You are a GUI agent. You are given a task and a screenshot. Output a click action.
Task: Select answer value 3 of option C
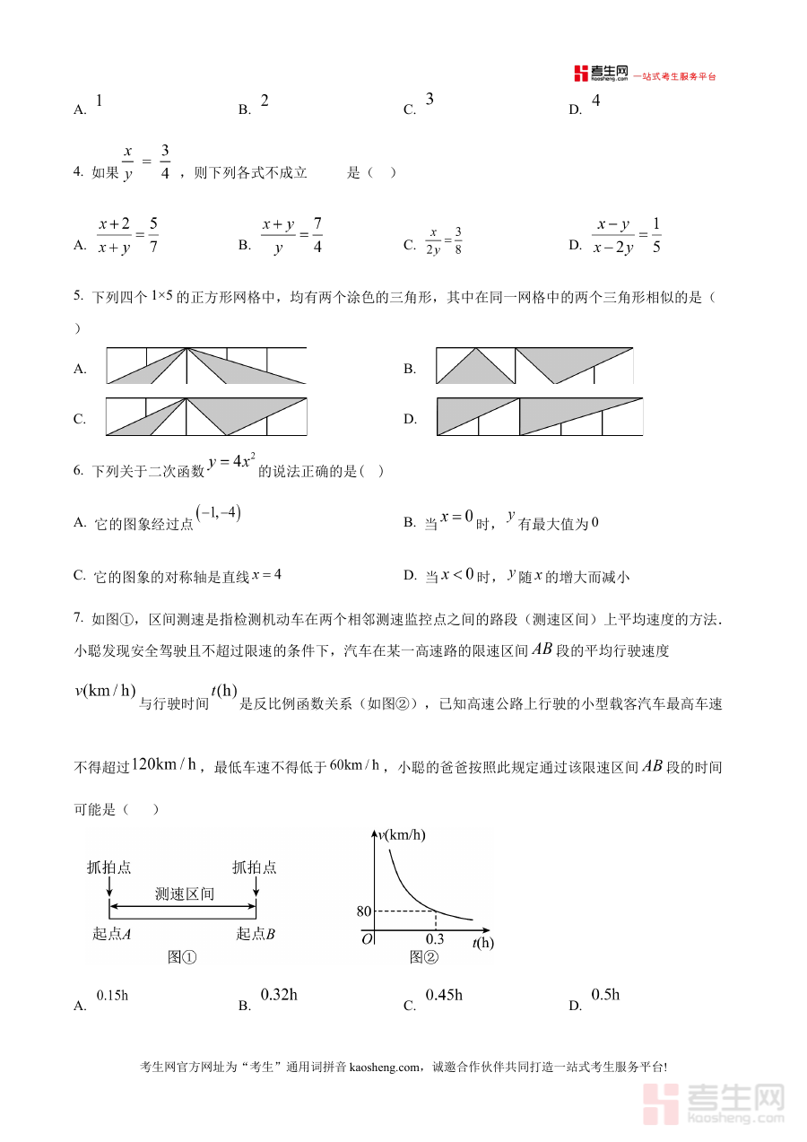(x=430, y=100)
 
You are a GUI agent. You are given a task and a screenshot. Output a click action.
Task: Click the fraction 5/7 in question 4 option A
(x=153, y=235)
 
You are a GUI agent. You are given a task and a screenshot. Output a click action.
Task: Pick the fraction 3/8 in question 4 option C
(x=457, y=241)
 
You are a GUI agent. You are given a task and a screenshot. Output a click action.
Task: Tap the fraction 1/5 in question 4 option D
(x=656, y=235)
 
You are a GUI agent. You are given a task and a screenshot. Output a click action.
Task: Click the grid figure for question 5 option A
(x=206, y=366)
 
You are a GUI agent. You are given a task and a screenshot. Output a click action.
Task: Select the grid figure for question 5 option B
(x=534, y=366)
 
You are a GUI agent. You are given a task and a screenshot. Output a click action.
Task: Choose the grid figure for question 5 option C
(x=206, y=416)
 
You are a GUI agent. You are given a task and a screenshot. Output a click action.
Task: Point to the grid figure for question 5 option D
(x=540, y=416)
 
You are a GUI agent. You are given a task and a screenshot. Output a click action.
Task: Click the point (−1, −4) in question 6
(x=220, y=514)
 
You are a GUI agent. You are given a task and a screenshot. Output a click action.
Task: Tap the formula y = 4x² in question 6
(x=231, y=464)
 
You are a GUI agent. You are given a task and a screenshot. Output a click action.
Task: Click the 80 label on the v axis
(x=363, y=911)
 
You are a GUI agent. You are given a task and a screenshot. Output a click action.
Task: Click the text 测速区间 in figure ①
(x=184, y=894)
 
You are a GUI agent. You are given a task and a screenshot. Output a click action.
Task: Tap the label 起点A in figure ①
(x=112, y=934)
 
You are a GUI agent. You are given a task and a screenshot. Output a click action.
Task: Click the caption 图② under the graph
(x=424, y=957)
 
